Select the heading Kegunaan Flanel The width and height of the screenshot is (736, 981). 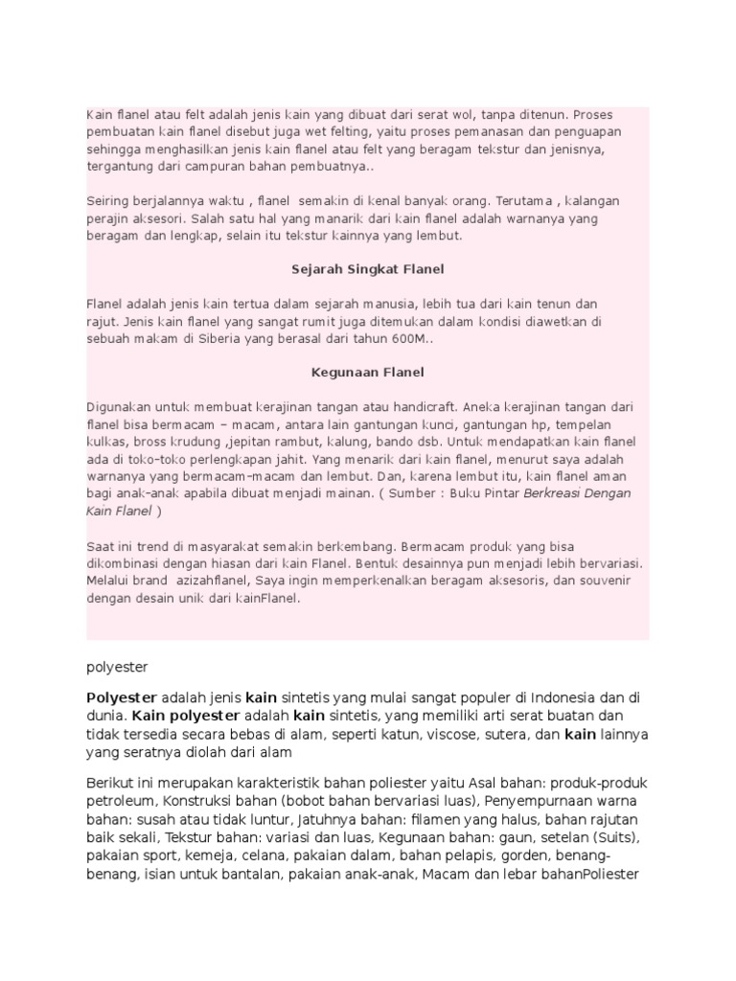pos(367,372)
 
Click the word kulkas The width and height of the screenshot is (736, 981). pos(105,441)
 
